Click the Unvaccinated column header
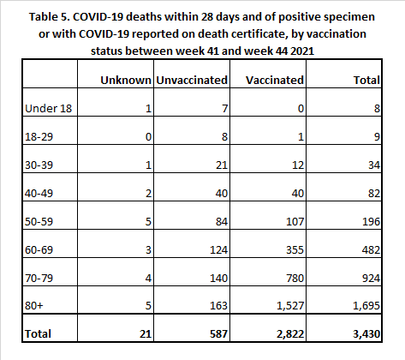point(192,80)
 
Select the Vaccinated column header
point(275,80)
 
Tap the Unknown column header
point(126,80)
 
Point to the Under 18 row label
point(48,109)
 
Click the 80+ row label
point(33,306)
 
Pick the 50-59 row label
point(39,222)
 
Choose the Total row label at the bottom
point(38,333)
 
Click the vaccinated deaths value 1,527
point(290,306)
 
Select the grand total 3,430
point(366,333)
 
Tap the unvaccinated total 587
point(218,333)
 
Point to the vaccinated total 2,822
point(290,333)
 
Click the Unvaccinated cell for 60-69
point(218,250)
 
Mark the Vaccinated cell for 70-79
point(295,278)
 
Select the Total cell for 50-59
point(372,222)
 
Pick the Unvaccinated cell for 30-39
point(222,165)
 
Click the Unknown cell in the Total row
point(146,333)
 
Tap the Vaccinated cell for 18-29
point(301,137)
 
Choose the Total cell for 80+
point(366,306)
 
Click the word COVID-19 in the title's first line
point(98,17)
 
